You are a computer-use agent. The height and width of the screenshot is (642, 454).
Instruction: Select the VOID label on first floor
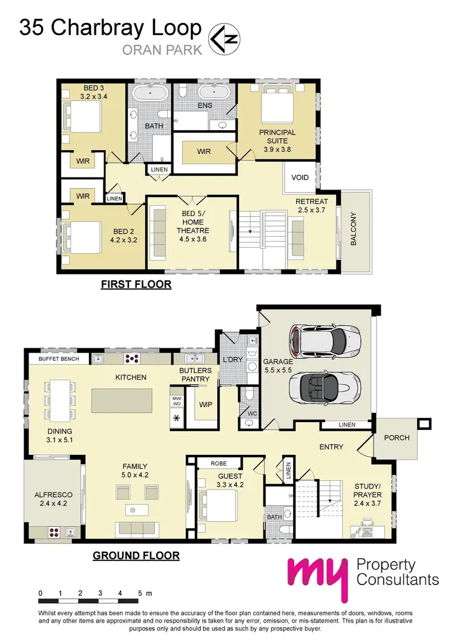point(300,177)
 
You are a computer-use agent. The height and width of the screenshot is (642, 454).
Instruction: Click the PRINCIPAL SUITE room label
point(277,136)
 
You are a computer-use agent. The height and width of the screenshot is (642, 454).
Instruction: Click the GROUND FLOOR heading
point(136,555)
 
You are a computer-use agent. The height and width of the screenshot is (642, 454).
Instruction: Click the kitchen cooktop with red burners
point(133,359)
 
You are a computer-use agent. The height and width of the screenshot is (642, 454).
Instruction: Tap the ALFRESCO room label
point(53,498)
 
